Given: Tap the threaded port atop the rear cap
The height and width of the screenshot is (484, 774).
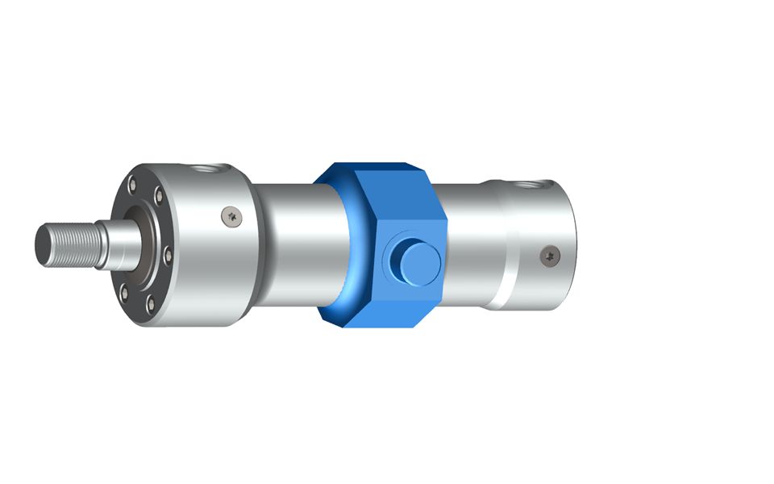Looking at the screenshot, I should pyautogui.click(x=531, y=186).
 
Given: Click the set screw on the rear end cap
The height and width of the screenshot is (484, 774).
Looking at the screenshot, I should pyautogui.click(x=550, y=256).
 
